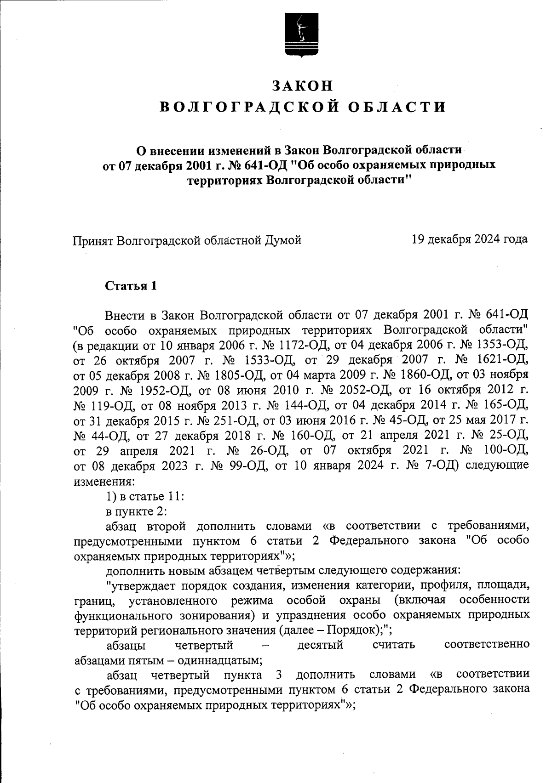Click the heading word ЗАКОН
pos(302,86)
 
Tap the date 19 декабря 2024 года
pos(470,239)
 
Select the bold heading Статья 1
pos(131,286)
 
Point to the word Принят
pos(93,240)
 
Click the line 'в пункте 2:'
pos(133,511)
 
